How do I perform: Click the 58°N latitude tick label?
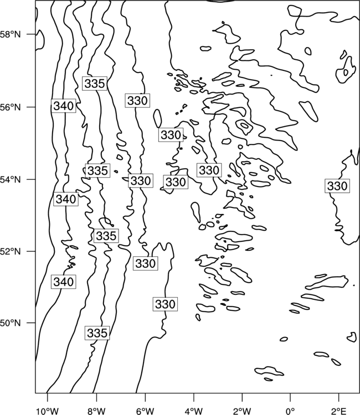[x=11, y=34]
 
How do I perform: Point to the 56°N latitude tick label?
[x=11, y=107]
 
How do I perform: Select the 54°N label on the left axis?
[x=11, y=180]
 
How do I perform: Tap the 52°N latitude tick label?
[x=11, y=251]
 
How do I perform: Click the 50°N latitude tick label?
[x=11, y=323]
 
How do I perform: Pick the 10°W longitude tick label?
[x=48, y=411]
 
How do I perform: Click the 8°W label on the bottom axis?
[x=96, y=411]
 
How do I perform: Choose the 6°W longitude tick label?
[x=145, y=411]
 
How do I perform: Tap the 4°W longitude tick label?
[x=194, y=411]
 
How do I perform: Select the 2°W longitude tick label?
[x=242, y=411]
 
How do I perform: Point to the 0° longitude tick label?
[x=290, y=411]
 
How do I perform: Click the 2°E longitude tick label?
[x=339, y=411]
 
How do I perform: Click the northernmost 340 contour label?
[x=64, y=106]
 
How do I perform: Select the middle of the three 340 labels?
[x=66, y=199]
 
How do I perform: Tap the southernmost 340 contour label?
[x=64, y=282]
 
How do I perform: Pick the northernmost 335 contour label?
[x=95, y=84]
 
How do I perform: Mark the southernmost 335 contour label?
[x=97, y=333]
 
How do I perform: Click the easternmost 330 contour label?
[x=337, y=186]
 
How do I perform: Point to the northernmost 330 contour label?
[x=137, y=101]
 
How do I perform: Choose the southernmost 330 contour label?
[x=165, y=304]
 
